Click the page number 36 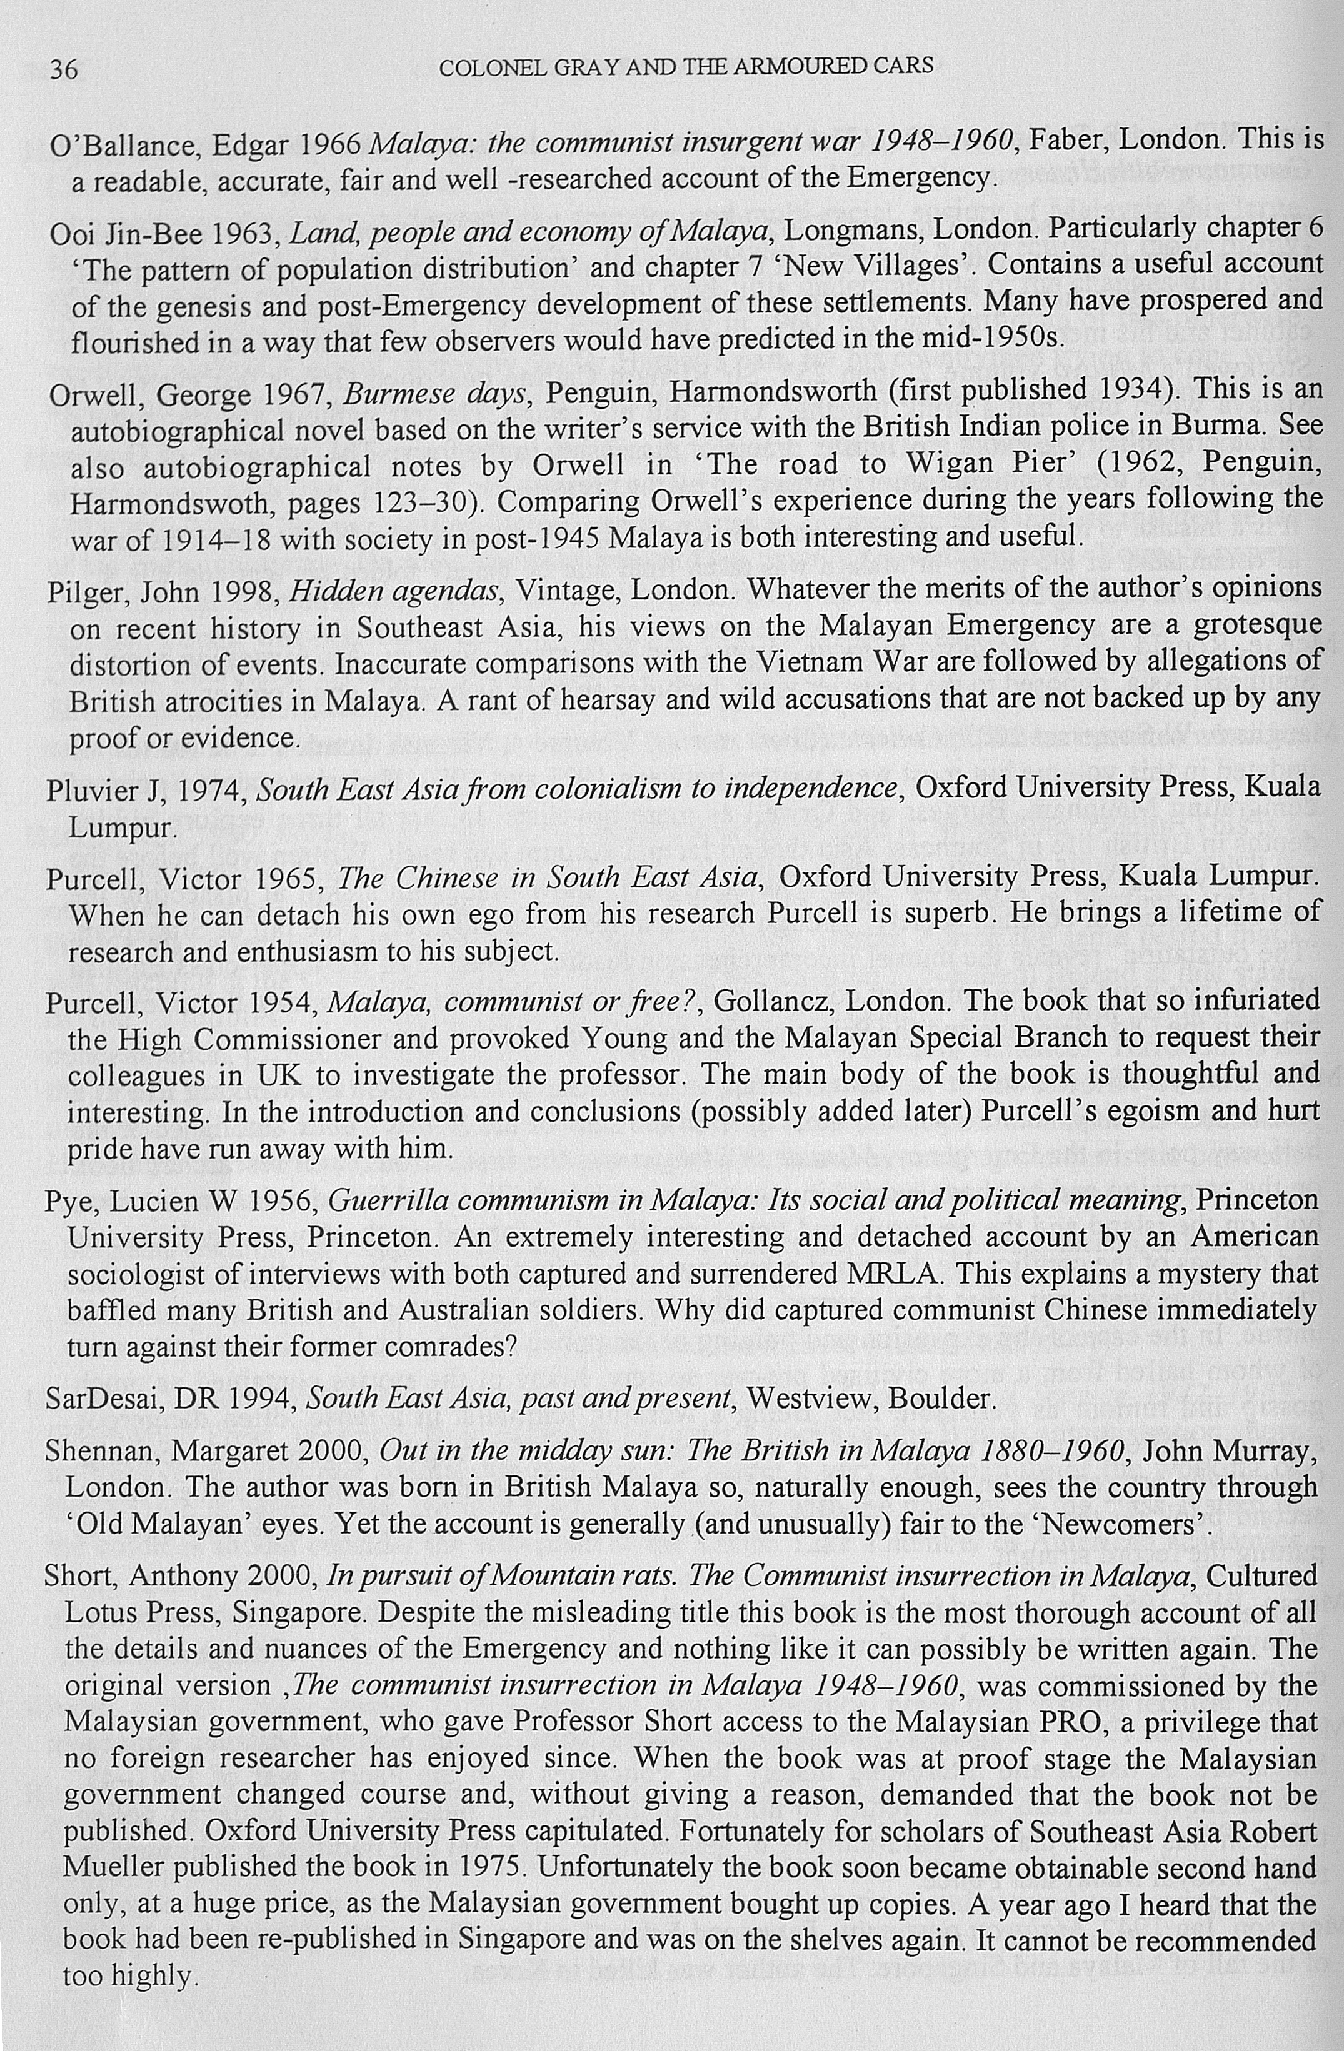[63, 68]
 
